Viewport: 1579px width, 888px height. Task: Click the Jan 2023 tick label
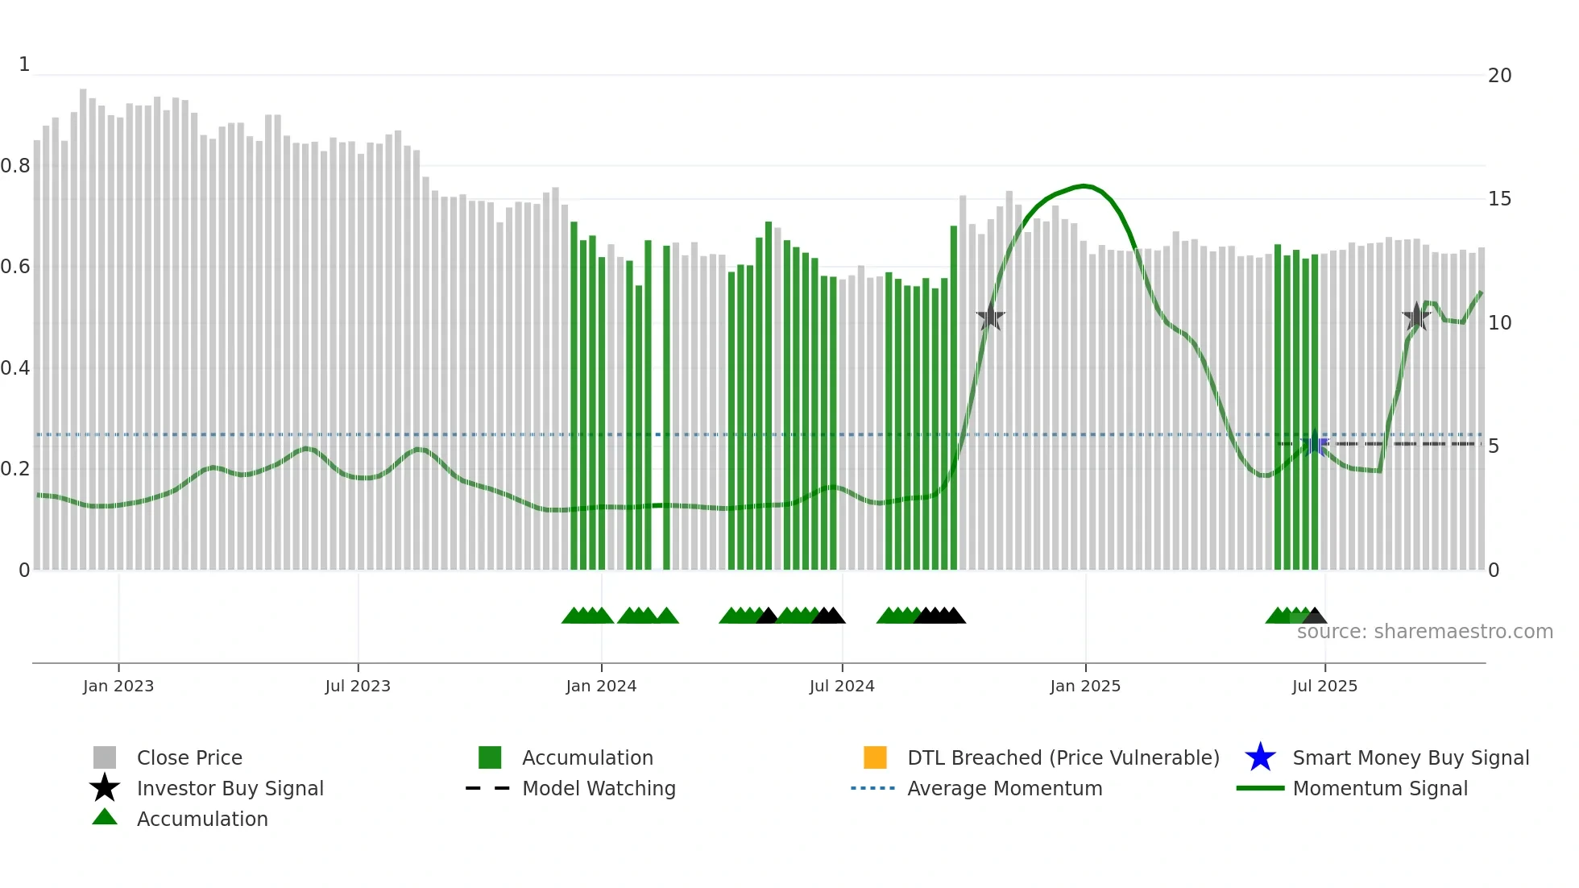point(118,686)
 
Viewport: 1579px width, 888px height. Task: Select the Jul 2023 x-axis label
point(358,686)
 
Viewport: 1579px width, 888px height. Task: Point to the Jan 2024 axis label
point(601,686)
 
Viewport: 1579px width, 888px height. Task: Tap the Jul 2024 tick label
point(842,686)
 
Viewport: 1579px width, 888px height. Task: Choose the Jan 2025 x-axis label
point(1085,686)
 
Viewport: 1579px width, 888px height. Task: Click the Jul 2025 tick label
point(1324,686)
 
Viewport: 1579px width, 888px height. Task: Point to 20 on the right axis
point(1499,76)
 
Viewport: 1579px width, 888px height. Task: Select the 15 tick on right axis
point(1499,199)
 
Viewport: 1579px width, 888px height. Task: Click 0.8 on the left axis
point(15,166)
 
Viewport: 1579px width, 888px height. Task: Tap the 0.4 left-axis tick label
point(15,368)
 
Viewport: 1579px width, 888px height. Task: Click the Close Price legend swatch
point(105,757)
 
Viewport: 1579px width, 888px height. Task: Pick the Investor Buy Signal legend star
point(105,788)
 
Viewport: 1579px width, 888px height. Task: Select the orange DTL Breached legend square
point(875,757)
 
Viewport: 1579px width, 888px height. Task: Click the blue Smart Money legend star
point(1260,757)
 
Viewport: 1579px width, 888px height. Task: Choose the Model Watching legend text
point(599,788)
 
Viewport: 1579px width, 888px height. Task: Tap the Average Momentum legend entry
point(1005,788)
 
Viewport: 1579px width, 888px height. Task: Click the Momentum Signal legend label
point(1380,788)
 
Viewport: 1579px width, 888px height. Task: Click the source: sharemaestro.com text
point(1424,632)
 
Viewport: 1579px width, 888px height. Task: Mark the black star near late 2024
point(990,317)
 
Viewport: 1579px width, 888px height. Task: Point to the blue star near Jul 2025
point(1315,443)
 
